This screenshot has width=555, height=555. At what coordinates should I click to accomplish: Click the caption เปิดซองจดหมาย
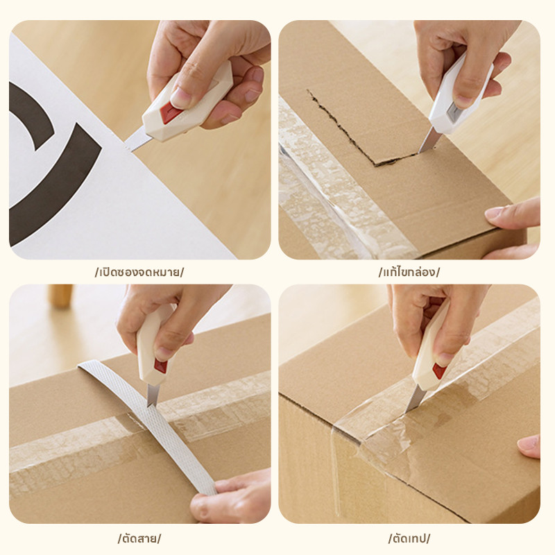click(139, 272)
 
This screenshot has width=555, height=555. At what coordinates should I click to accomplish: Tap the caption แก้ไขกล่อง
click(409, 272)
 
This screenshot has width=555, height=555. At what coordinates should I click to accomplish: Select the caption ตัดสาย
click(139, 538)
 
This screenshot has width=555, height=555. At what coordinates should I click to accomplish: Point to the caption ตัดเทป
click(409, 538)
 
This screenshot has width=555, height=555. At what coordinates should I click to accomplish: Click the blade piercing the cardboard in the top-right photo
click(427, 141)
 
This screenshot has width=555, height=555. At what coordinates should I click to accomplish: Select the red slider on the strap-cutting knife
click(160, 366)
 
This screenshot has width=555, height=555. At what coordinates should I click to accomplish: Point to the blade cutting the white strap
click(153, 395)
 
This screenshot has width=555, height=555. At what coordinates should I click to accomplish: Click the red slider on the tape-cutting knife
click(439, 370)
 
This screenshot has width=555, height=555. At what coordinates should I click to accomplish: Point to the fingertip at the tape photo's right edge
click(529, 446)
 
